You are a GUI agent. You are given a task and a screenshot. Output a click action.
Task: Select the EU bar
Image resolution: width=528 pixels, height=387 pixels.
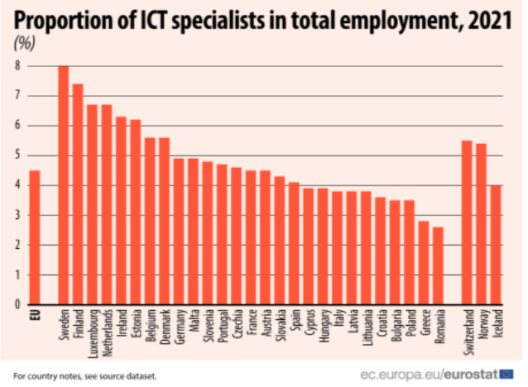pos(34,237)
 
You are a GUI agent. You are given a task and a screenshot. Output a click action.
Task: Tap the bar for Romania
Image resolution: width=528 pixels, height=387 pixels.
pos(438,265)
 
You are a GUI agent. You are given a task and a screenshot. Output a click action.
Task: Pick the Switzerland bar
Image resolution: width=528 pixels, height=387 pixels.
pos(467,222)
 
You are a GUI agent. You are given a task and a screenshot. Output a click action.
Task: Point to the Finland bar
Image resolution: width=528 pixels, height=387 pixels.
pos(78,193)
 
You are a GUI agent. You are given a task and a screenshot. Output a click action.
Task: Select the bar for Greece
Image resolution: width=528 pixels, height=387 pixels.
pos(424,262)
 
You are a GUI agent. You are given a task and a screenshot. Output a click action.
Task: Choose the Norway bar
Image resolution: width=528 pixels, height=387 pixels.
pos(481,224)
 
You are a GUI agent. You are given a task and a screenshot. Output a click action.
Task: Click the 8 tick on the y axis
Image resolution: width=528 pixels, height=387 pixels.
pos(17,65)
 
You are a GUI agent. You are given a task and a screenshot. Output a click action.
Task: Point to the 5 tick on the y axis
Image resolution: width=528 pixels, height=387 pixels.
pos(17,155)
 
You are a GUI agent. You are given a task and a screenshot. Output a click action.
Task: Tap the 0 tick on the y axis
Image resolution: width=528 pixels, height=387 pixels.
pos(17,304)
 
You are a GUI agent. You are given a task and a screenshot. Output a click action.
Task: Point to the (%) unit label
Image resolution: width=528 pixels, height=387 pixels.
pos(25,41)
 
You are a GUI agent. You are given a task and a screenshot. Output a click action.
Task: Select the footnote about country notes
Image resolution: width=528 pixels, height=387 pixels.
pos(85,375)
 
